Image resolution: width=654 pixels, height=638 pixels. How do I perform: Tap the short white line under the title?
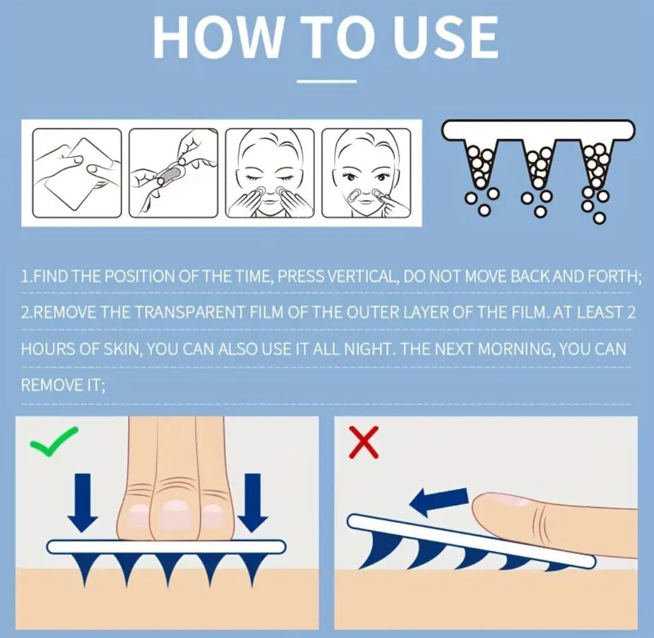(x=326, y=81)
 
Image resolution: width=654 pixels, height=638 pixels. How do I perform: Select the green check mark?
(x=54, y=441)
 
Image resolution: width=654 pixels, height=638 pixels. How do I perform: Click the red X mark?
(x=364, y=442)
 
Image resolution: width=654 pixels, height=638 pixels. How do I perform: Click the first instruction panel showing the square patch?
(x=77, y=173)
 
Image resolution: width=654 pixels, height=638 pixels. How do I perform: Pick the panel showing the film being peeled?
(x=174, y=173)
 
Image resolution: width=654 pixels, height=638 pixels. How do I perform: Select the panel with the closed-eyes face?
(x=270, y=173)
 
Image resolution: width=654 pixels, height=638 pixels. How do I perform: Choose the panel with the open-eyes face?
(x=366, y=173)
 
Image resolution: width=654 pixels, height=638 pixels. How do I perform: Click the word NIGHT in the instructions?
(x=366, y=348)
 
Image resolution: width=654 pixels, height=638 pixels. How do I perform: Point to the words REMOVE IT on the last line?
(x=62, y=385)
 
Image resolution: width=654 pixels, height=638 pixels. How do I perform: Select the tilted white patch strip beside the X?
(x=471, y=541)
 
